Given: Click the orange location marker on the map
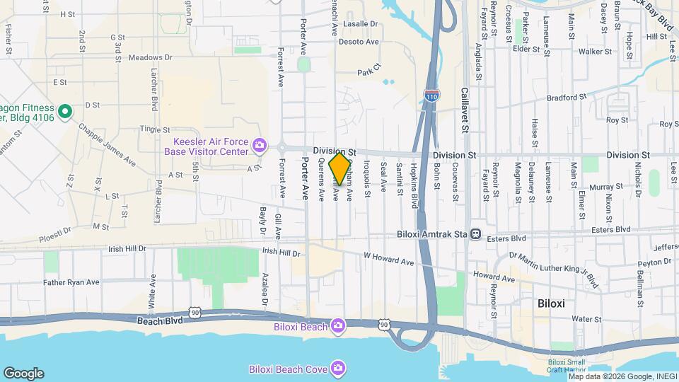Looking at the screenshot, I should point(339,168).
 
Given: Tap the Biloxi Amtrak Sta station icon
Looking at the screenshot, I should point(476,233).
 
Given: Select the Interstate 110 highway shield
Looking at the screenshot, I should point(431,94).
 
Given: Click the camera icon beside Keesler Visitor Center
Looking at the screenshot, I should point(260,146).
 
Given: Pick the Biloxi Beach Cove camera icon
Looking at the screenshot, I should point(338,368).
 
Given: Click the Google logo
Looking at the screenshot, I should point(23,374).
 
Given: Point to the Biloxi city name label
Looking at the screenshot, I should point(550,303).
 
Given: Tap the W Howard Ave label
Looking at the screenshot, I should point(388,259).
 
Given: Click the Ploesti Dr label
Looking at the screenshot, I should point(56,230).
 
